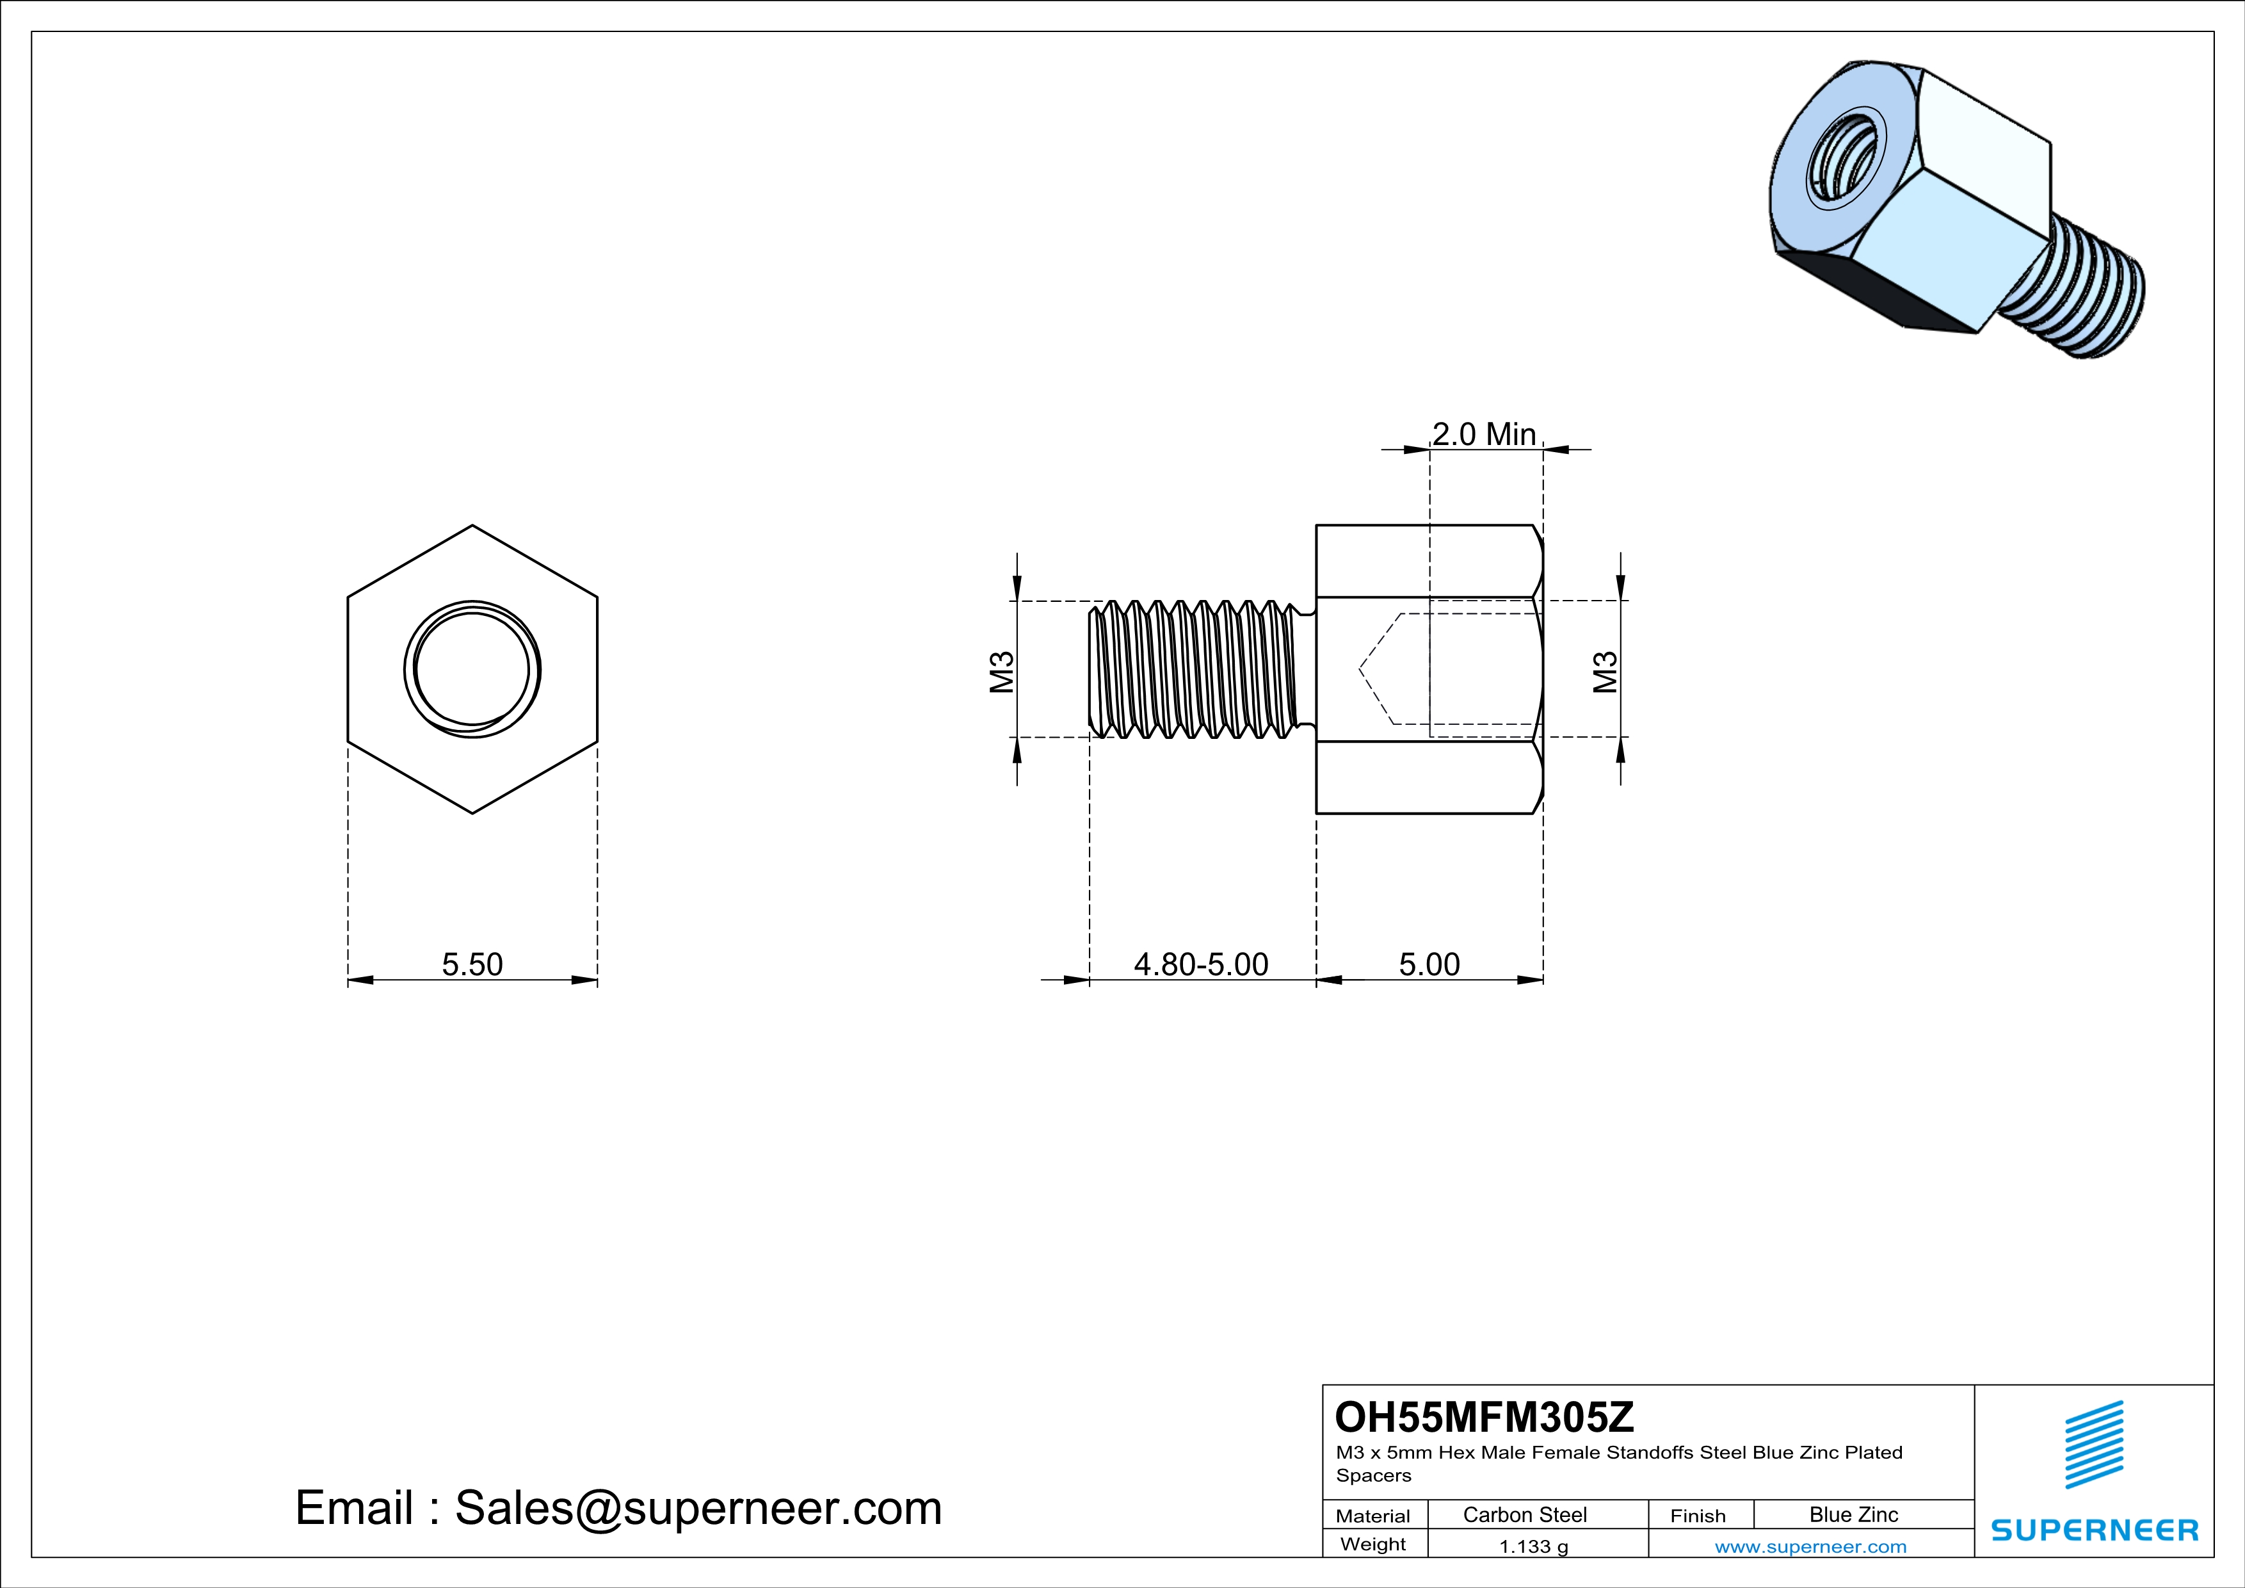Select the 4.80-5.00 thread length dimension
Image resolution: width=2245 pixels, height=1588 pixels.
pos(1201,964)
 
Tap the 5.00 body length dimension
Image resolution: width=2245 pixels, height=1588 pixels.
pos(1429,964)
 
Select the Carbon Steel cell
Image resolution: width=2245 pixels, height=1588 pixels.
pos(1524,1514)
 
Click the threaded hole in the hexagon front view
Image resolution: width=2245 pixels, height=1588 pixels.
pos(472,670)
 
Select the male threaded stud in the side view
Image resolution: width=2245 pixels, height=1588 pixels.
pos(1198,670)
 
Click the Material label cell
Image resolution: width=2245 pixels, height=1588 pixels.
pos(1373,1516)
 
